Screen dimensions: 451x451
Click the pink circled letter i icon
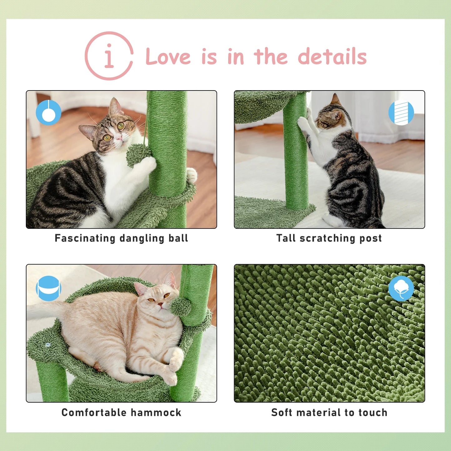coord(109,56)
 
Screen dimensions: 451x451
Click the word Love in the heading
coord(168,57)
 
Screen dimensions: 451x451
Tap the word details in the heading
coord(332,57)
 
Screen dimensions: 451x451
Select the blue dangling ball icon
coord(48,113)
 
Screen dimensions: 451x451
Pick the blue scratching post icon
coord(401,113)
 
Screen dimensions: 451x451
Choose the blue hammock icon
coord(48,288)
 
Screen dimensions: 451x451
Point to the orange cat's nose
coord(159,304)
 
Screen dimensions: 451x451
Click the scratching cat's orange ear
coord(336,100)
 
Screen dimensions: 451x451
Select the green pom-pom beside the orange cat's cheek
coord(181,306)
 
